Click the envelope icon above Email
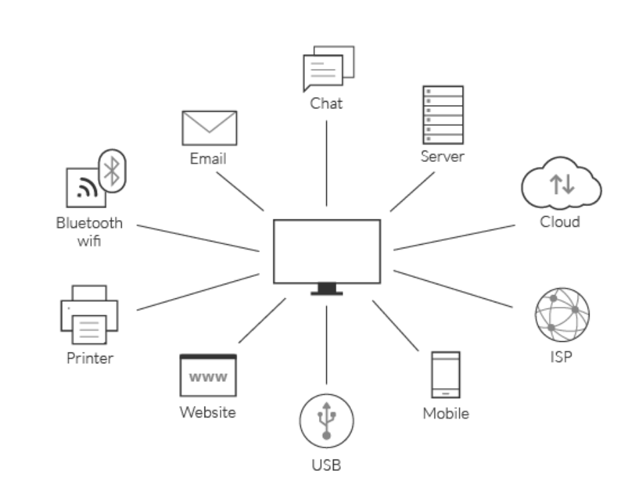[x=209, y=128]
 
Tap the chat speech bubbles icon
[x=327, y=69]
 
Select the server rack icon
[x=443, y=115]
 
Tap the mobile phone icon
[x=445, y=375]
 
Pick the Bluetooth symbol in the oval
[x=113, y=171]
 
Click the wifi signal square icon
[x=86, y=188]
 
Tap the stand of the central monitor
[x=326, y=289]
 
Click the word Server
[x=442, y=157]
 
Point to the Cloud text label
[x=559, y=221]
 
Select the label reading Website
[x=207, y=412]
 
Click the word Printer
[x=90, y=358]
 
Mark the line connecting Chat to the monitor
[x=326, y=163]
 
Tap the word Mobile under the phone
[x=445, y=413]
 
